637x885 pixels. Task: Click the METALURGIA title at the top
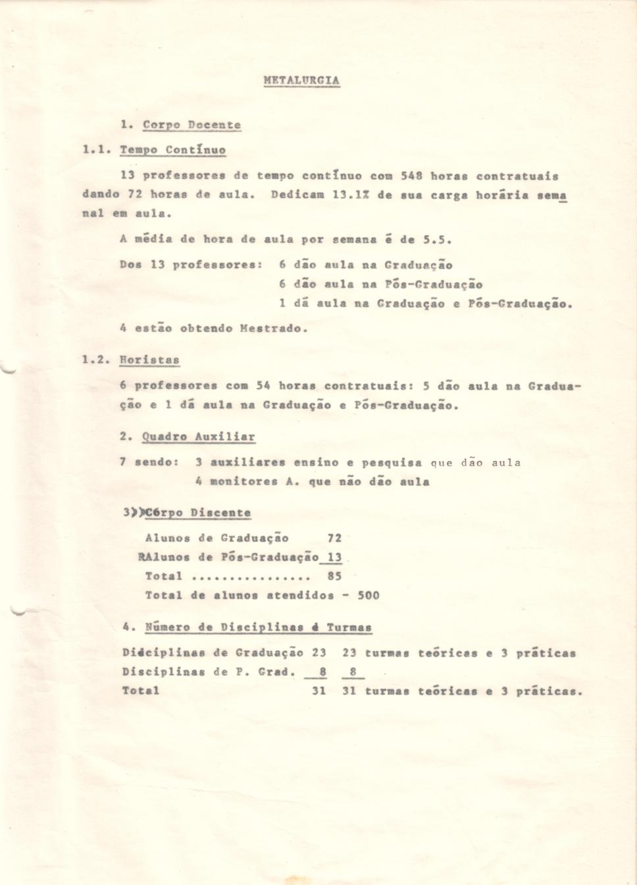(x=301, y=80)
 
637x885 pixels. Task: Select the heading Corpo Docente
(x=191, y=124)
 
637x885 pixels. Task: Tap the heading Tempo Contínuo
(x=172, y=150)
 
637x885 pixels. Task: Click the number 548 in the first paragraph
(x=412, y=176)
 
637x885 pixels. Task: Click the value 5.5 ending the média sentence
(x=438, y=240)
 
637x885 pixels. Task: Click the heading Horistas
(x=149, y=360)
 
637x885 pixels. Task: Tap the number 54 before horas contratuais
(x=263, y=385)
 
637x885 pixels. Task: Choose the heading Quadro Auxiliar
(x=198, y=437)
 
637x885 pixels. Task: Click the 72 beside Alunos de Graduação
(x=334, y=538)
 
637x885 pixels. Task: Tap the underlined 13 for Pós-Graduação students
(x=334, y=557)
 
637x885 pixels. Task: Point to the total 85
(x=334, y=576)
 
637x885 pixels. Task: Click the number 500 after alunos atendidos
(x=369, y=595)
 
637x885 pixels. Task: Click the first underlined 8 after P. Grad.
(x=323, y=672)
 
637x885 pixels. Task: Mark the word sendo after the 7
(x=156, y=462)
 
